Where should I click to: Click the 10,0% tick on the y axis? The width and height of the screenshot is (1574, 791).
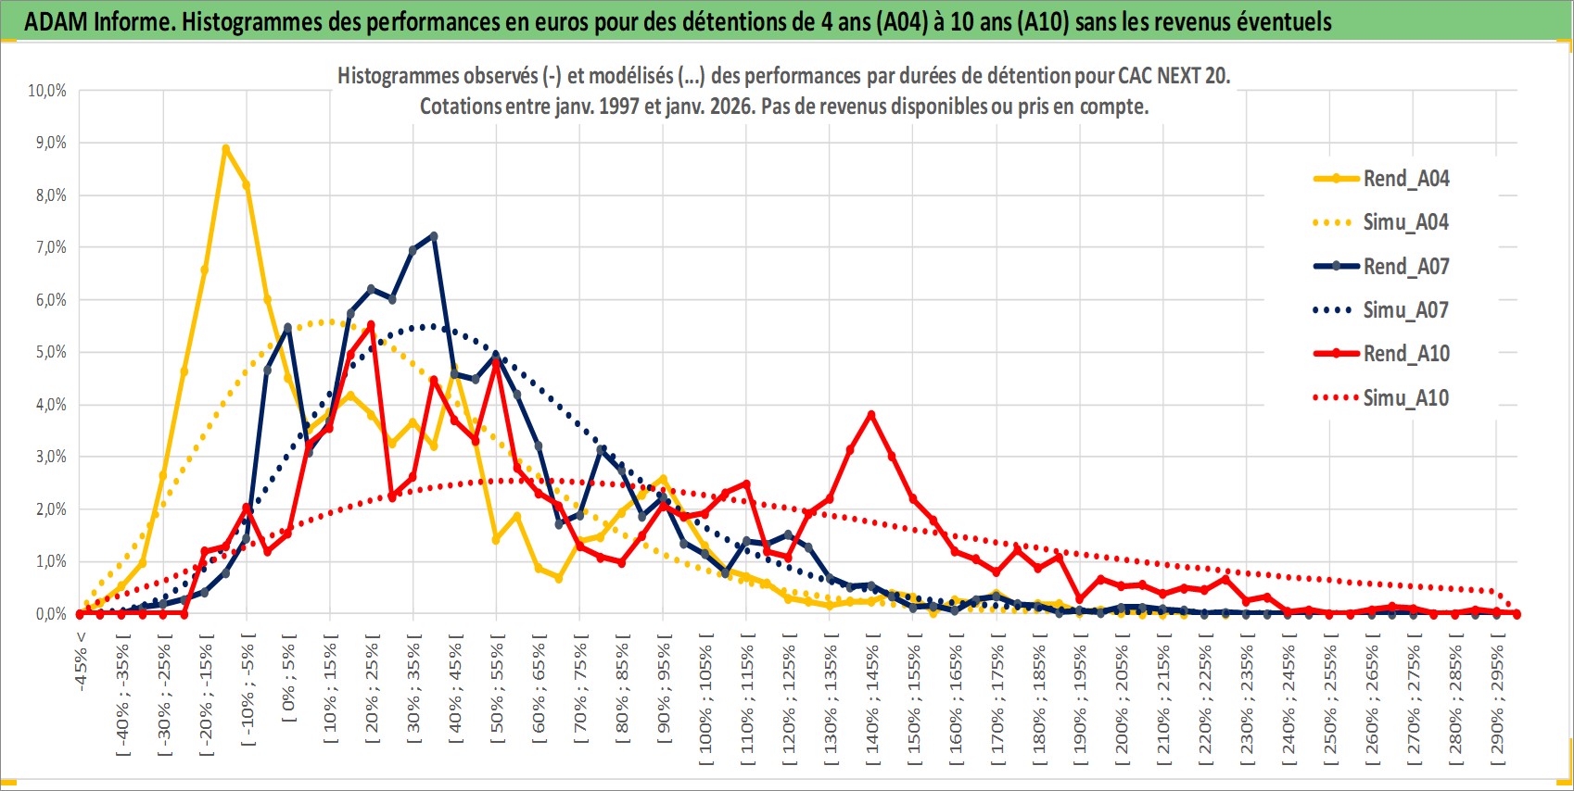[47, 91]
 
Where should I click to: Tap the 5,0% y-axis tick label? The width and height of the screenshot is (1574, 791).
[50, 352]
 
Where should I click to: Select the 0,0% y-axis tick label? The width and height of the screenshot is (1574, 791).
[50, 614]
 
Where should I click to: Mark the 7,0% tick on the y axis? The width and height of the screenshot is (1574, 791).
[50, 247]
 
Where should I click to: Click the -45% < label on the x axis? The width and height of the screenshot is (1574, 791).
[82, 661]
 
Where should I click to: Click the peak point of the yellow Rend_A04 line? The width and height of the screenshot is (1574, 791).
[225, 148]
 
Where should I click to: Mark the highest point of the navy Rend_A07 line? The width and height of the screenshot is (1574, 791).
[434, 236]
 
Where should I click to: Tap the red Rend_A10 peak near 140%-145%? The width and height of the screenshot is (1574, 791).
[871, 414]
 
